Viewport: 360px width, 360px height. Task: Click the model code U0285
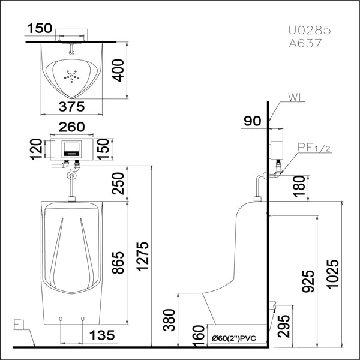[310, 30]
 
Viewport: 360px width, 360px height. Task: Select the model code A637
[305, 43]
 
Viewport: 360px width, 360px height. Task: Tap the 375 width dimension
[71, 107]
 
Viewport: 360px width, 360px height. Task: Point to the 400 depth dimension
[118, 70]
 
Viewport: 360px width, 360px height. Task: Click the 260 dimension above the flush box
[71, 127]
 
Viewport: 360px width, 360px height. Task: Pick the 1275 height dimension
[143, 256]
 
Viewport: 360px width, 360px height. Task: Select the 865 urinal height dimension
[118, 263]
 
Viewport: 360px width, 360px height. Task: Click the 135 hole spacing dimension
[102, 335]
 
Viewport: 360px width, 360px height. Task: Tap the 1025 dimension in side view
[332, 274]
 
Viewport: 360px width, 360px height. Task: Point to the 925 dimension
[308, 281]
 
